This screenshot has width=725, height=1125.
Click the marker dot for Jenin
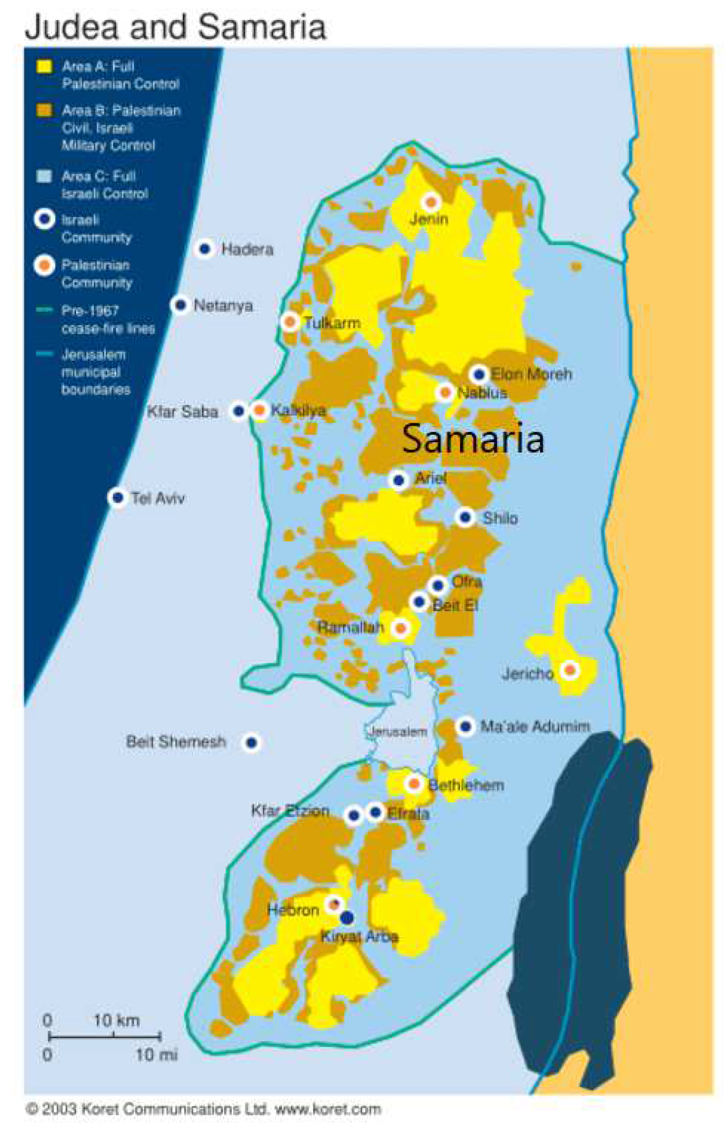[430, 202]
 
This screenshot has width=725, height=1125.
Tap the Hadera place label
[247, 249]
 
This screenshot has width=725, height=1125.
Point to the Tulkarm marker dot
[290, 322]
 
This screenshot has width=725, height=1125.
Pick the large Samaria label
[473, 439]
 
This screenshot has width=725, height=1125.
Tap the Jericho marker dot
[569, 669]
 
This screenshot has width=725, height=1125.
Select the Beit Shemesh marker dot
[252, 742]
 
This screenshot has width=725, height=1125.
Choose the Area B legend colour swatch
[45, 111]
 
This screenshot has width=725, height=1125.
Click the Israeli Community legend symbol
[45, 219]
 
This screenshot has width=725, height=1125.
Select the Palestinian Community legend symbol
[45, 265]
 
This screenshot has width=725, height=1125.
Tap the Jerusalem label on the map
[398, 731]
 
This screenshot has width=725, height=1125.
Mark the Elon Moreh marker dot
[479, 374]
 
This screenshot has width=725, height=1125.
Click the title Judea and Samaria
[175, 27]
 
